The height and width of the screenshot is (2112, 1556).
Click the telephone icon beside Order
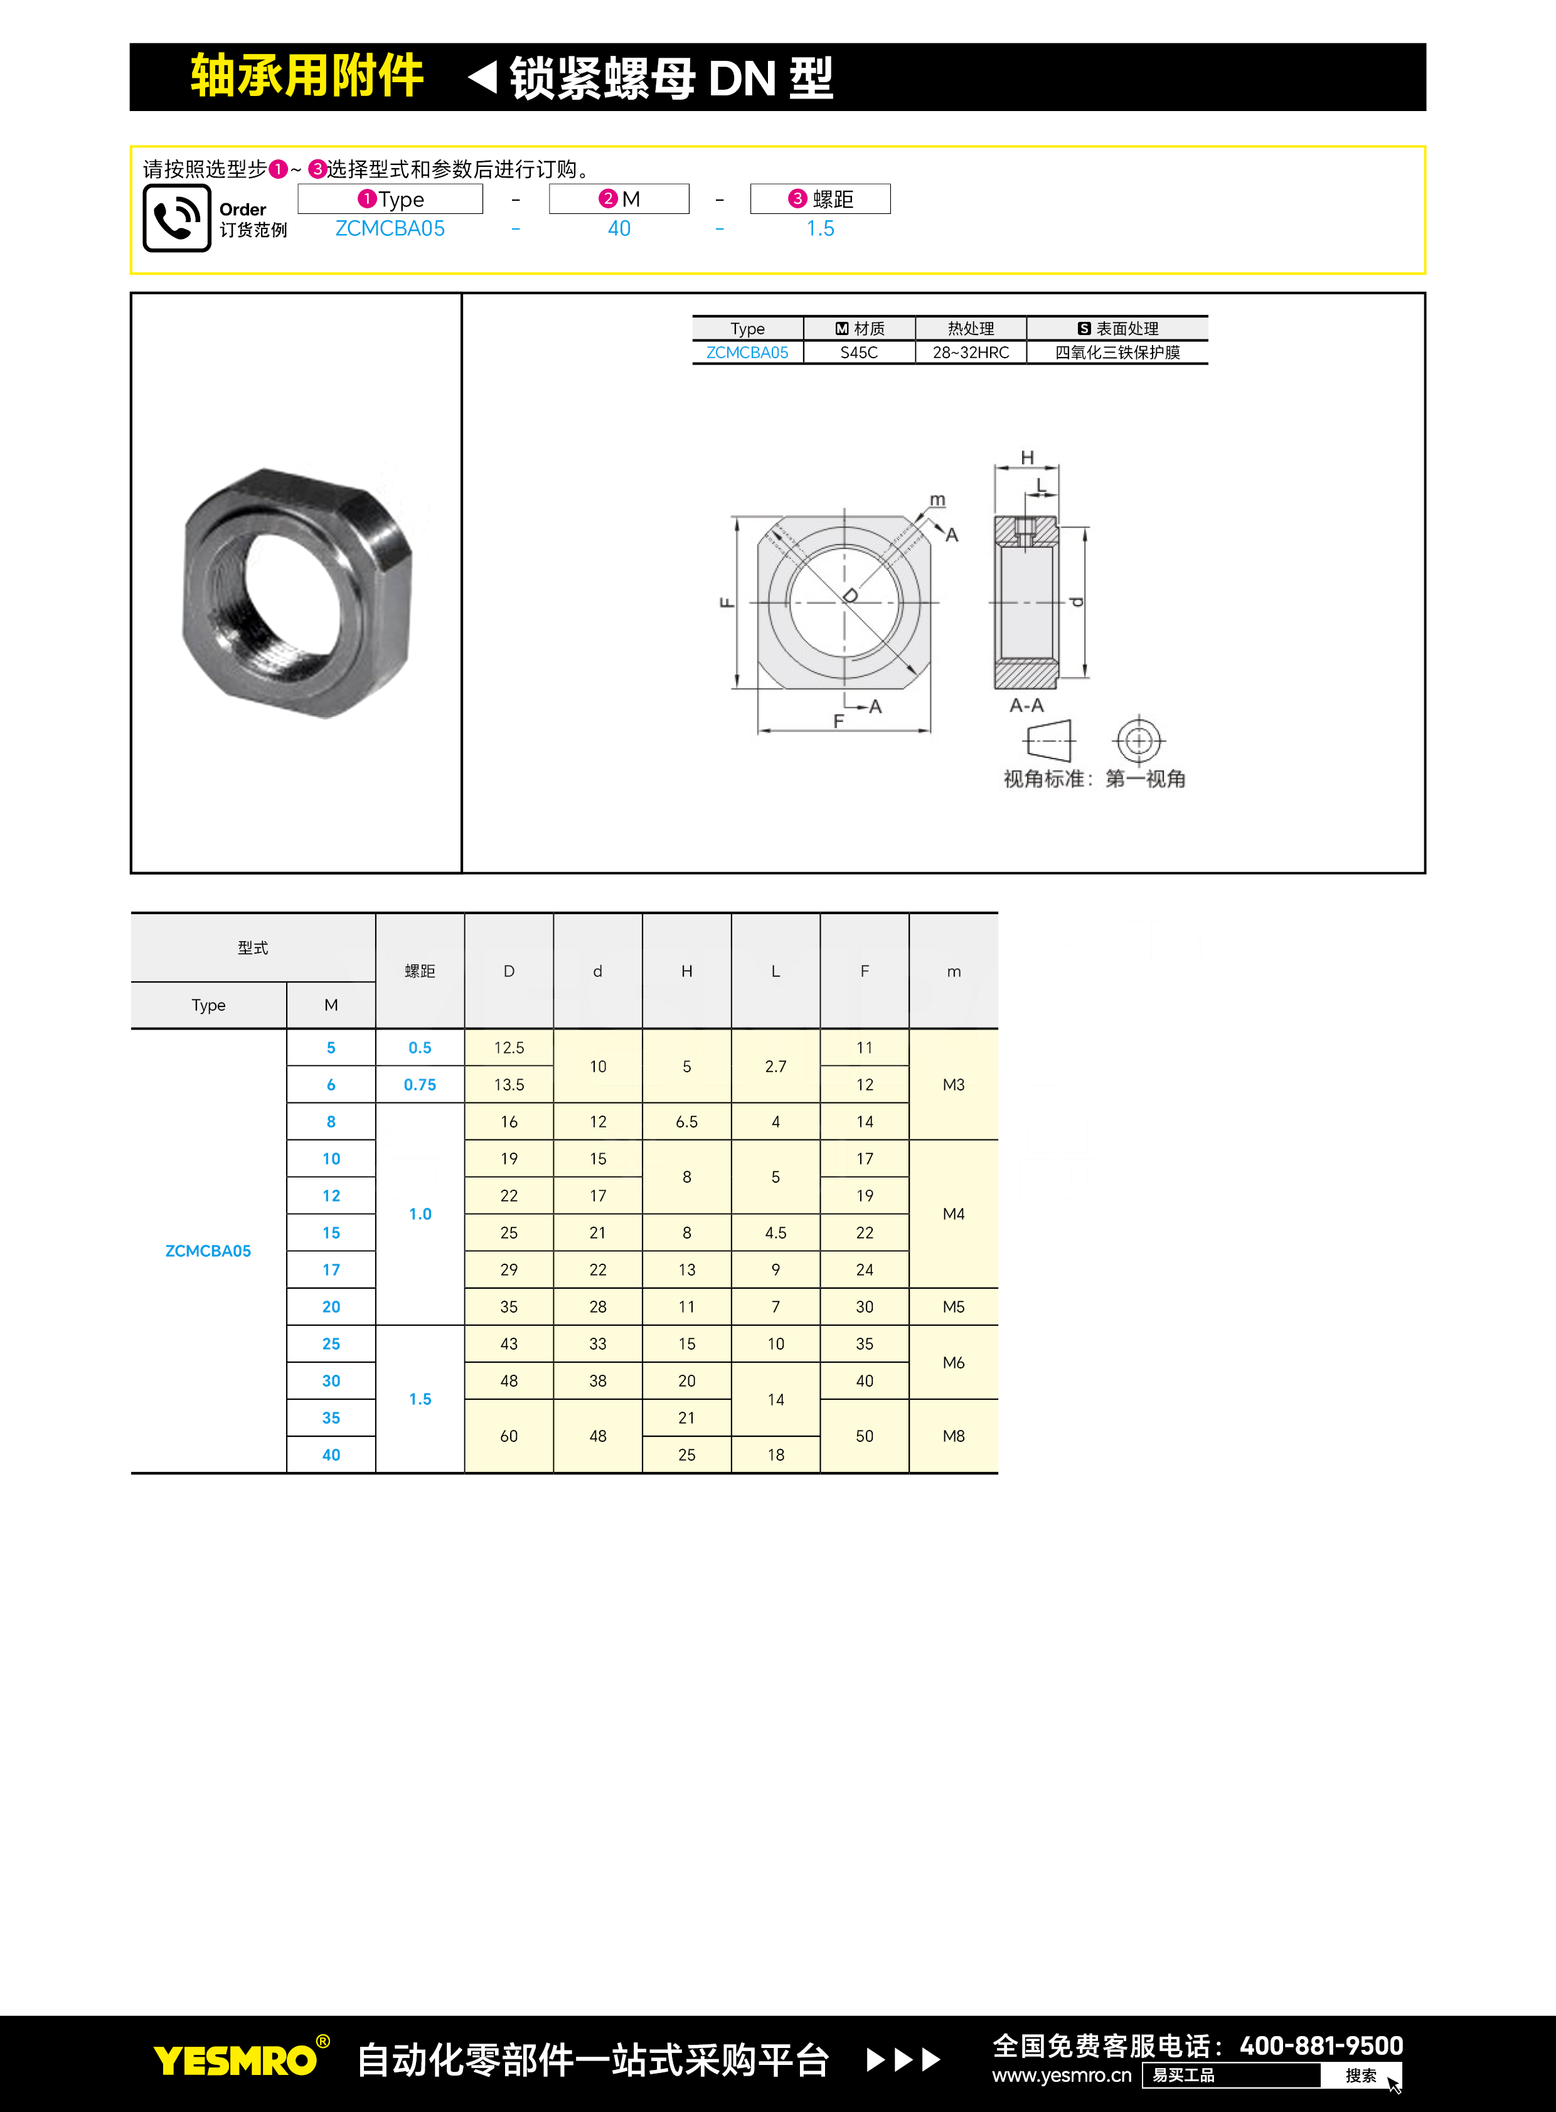point(176,218)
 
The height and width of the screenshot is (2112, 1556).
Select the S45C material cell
point(858,353)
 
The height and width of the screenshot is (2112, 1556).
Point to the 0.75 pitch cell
point(420,1084)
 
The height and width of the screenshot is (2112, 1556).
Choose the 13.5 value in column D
point(509,1084)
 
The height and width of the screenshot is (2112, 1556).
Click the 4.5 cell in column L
point(775,1232)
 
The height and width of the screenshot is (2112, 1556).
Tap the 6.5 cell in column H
point(686,1121)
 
